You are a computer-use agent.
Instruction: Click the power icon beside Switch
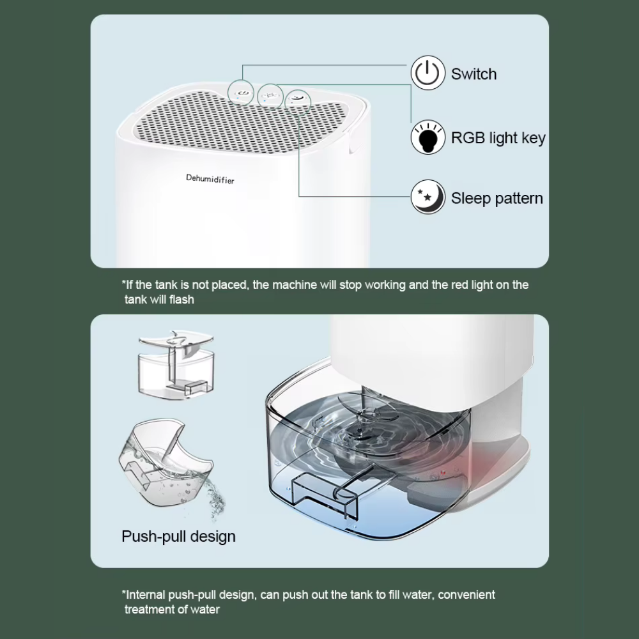pos(427,73)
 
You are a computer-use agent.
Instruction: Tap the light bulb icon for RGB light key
pos(427,137)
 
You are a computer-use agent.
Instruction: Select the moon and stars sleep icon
pos(427,197)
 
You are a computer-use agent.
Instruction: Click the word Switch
pos(473,74)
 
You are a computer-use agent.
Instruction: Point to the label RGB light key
pos(498,137)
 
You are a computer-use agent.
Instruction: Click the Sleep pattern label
pos(497,198)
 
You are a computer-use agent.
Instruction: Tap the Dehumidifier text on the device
pos(210,179)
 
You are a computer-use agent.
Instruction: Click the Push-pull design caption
pos(178,536)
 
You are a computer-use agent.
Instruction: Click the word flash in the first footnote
pos(181,299)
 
